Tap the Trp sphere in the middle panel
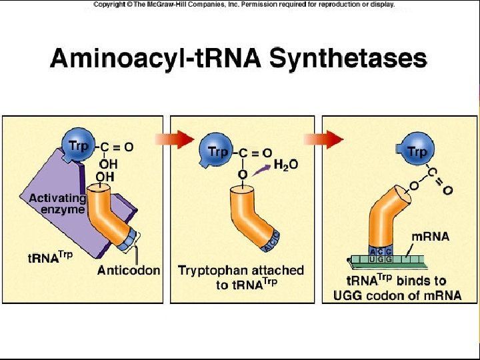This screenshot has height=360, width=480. point(217,152)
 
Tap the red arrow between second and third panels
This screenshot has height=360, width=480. point(331,139)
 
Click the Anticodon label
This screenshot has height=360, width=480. point(129,270)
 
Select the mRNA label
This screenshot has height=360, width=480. point(431,236)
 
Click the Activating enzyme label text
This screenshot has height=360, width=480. point(57,203)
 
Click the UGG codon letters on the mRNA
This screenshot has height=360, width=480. point(380,259)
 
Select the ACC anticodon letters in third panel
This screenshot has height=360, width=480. point(380,251)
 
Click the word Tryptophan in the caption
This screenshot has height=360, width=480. point(213,271)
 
